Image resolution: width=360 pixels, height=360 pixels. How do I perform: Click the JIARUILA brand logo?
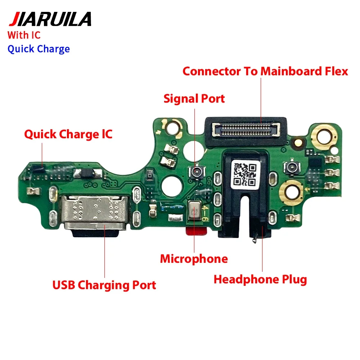click(50, 19)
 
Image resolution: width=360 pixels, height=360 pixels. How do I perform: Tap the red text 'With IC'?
click(24, 35)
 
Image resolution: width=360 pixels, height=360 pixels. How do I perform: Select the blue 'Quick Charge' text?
click(39, 49)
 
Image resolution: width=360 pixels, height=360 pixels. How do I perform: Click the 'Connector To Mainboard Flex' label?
click(265, 71)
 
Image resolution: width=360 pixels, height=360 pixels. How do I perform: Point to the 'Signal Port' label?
click(194, 99)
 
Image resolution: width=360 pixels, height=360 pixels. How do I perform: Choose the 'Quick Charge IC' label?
click(68, 134)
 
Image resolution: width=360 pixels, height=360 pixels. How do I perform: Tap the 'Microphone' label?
click(194, 259)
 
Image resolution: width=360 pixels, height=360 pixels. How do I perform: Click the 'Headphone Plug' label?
click(260, 280)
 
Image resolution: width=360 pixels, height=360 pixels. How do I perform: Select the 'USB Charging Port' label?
click(104, 285)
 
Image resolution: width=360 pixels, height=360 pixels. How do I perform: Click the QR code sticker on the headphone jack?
click(245, 175)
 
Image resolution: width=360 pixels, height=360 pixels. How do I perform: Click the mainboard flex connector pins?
click(246, 129)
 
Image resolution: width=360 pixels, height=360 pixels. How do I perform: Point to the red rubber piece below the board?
click(197, 231)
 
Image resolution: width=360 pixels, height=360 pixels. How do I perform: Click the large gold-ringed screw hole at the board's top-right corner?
click(324, 136)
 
